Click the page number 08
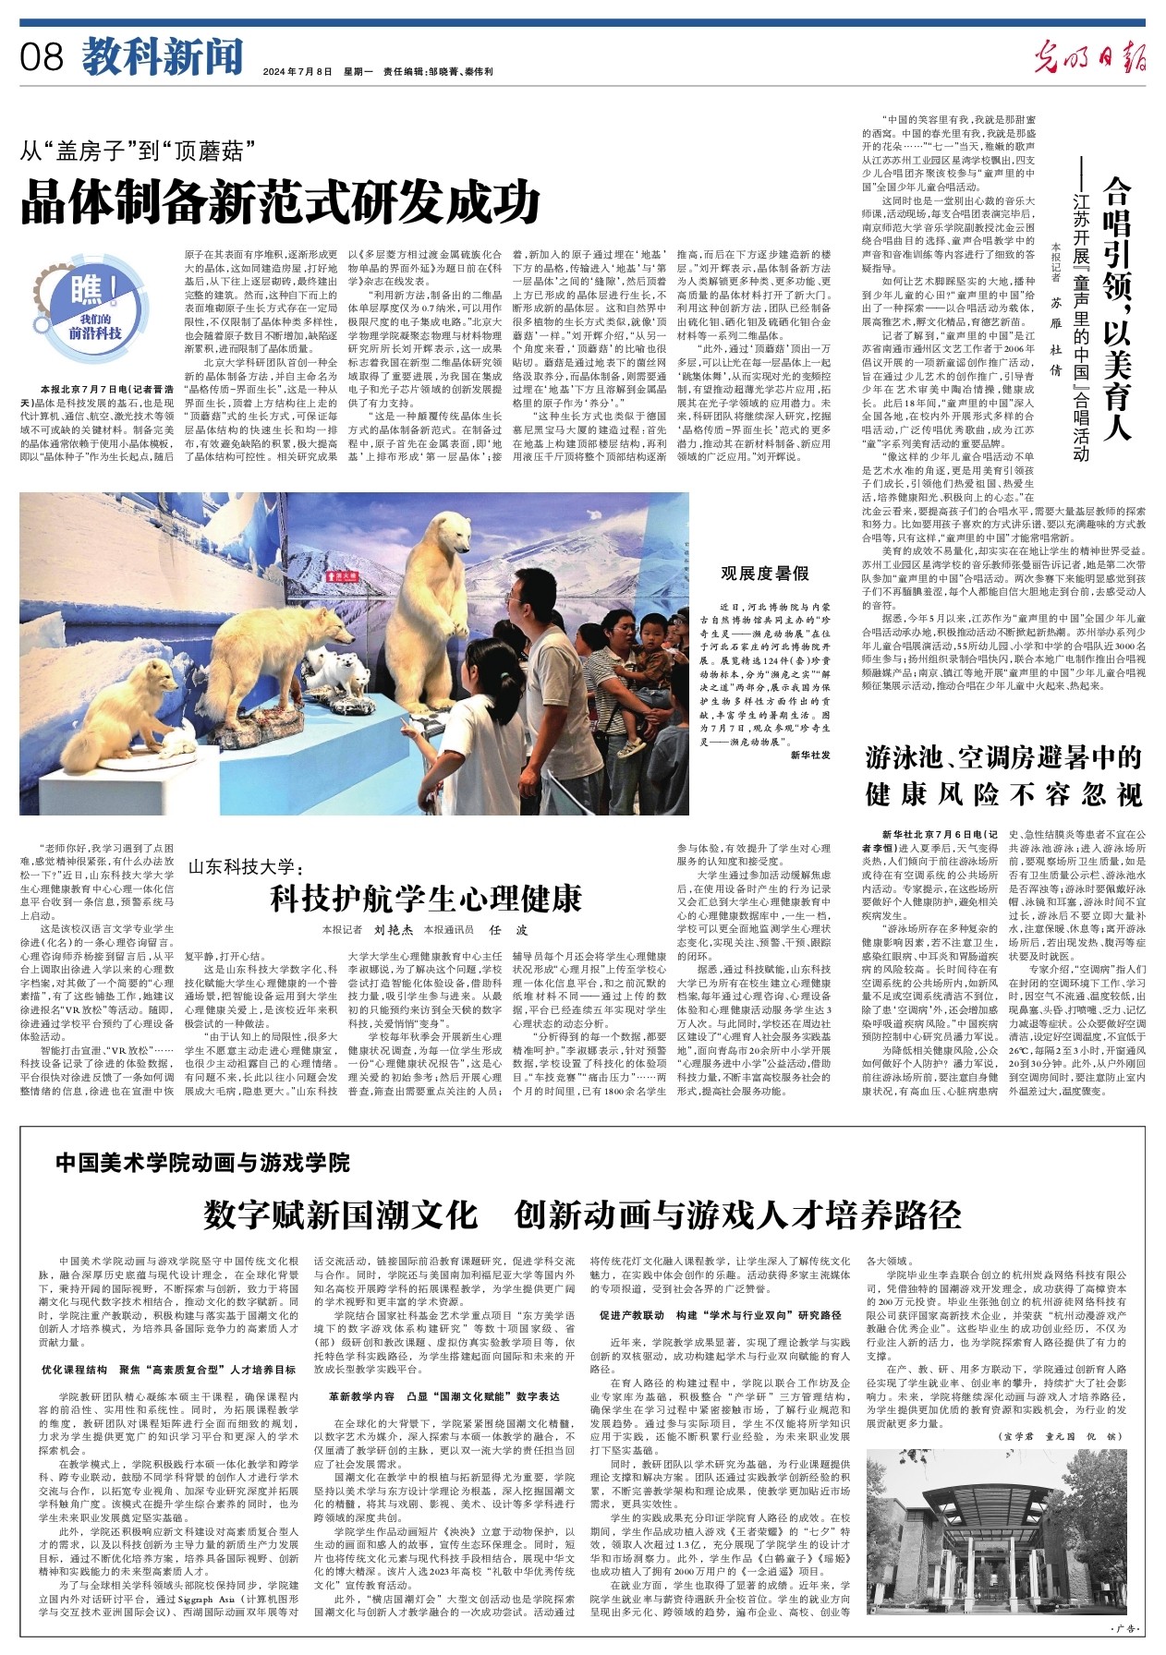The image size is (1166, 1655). (x=43, y=57)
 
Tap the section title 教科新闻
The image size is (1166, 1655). (x=163, y=57)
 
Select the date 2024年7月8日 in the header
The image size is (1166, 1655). (x=297, y=71)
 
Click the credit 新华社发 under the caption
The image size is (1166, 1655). (x=810, y=755)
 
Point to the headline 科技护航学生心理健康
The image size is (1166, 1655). (x=425, y=898)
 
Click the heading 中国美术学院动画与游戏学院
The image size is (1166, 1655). (x=202, y=1163)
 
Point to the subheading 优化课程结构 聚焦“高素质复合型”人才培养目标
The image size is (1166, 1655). (x=169, y=1370)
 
